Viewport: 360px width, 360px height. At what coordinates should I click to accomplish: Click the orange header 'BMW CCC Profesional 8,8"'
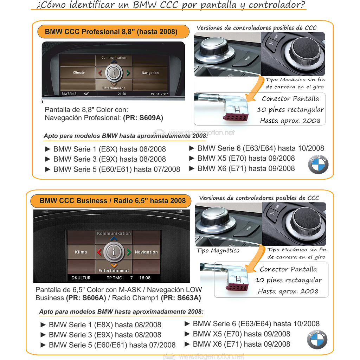(x=111, y=32)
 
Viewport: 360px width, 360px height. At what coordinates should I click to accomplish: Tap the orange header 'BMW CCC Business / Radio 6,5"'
(x=112, y=201)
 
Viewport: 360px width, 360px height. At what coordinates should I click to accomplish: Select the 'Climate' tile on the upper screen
(x=79, y=73)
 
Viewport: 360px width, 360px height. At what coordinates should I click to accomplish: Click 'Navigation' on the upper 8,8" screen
(x=150, y=73)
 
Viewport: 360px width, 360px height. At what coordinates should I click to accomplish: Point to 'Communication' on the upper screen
(x=114, y=58)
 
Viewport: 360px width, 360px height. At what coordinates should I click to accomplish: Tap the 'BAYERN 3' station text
(x=69, y=94)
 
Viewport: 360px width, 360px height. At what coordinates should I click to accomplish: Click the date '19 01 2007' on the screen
(x=159, y=94)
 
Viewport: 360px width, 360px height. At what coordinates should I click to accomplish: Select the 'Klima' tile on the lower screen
(x=81, y=252)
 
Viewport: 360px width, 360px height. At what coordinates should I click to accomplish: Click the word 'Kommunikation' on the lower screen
(x=114, y=233)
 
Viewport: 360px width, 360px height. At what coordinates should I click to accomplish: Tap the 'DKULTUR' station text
(x=81, y=278)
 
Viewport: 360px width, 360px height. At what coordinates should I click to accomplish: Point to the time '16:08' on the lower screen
(x=145, y=278)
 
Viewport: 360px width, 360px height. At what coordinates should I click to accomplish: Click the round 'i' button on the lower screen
(x=114, y=252)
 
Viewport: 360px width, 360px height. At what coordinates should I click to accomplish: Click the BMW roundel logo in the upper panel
(x=318, y=163)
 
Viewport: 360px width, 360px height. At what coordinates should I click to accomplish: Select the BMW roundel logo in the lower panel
(x=317, y=340)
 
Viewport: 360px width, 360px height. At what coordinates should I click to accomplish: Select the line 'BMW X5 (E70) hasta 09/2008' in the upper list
(x=246, y=158)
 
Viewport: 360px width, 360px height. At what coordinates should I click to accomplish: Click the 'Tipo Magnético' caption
(x=219, y=250)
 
